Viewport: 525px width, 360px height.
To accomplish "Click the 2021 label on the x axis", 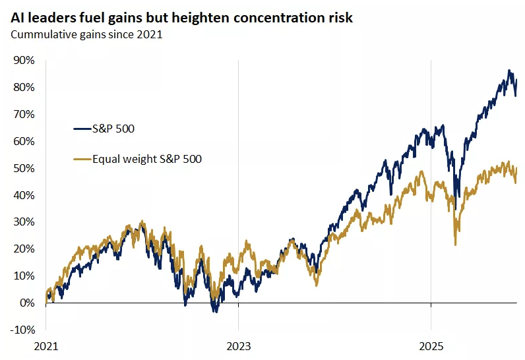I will [x=46, y=345].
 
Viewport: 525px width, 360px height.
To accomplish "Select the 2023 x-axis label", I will [x=238, y=345].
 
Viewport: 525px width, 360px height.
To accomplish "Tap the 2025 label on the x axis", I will [x=431, y=345].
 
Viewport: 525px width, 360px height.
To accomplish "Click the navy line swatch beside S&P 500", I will [x=82, y=129].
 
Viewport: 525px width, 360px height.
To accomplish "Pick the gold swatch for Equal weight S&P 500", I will [x=82, y=159].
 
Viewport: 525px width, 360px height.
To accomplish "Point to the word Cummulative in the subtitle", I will [x=41, y=35].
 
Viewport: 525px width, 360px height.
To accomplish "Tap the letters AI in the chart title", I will [x=18, y=18].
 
